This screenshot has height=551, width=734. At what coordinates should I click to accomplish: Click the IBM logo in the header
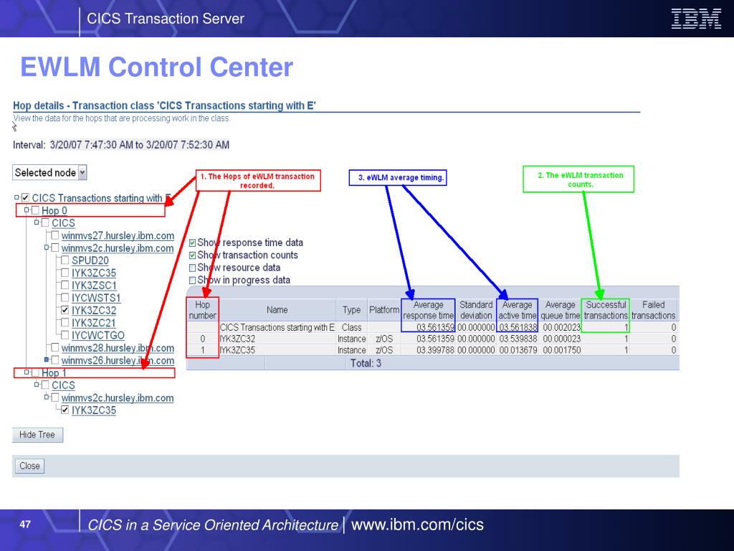pos(696,19)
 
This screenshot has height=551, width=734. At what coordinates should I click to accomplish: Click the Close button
pos(29,466)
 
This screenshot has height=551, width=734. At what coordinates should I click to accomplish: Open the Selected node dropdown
pos(82,172)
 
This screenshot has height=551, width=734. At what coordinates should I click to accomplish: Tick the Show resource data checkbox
pos(192,268)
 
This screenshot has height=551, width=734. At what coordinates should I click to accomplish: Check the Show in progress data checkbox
pos(192,281)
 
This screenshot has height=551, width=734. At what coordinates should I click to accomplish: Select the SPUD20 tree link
pos(90,260)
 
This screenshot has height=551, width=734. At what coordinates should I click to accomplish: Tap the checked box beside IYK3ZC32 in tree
pos(65,310)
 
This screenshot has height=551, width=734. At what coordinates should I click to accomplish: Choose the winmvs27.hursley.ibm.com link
pos(118,235)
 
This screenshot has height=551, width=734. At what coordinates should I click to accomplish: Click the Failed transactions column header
pos(654,310)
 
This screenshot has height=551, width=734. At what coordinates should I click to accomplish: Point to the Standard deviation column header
pos(476,310)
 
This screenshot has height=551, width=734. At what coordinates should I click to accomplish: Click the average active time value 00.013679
pos(518,350)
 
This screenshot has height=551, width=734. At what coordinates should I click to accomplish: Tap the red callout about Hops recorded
pos(258,180)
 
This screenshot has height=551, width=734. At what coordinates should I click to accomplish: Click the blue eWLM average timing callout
pos(398,178)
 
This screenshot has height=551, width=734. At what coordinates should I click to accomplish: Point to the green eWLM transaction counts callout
pos(578,179)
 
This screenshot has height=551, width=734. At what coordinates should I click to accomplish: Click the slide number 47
pos(25,524)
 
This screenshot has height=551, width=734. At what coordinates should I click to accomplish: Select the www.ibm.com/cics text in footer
pos(417,524)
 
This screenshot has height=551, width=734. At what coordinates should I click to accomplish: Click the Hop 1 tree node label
pos(54,373)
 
